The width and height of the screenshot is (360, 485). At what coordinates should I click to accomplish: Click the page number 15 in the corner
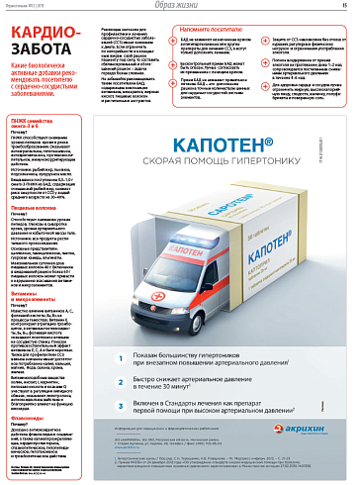(350, 7)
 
